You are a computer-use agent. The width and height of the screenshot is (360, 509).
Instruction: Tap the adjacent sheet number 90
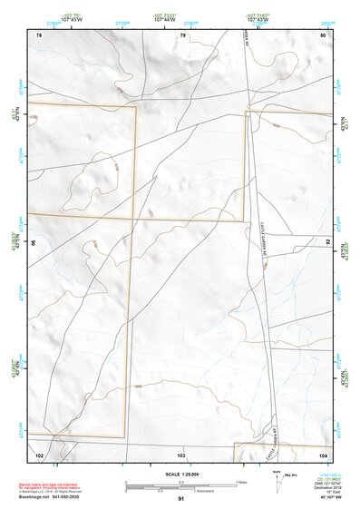pos(34,242)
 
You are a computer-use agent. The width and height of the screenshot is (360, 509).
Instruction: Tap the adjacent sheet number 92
pos(326,242)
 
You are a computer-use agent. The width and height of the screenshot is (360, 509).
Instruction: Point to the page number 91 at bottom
pos(181,499)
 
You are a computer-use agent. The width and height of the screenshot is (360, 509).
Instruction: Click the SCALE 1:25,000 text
pos(180,474)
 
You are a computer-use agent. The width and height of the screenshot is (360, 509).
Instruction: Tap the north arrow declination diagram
pos(276,479)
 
